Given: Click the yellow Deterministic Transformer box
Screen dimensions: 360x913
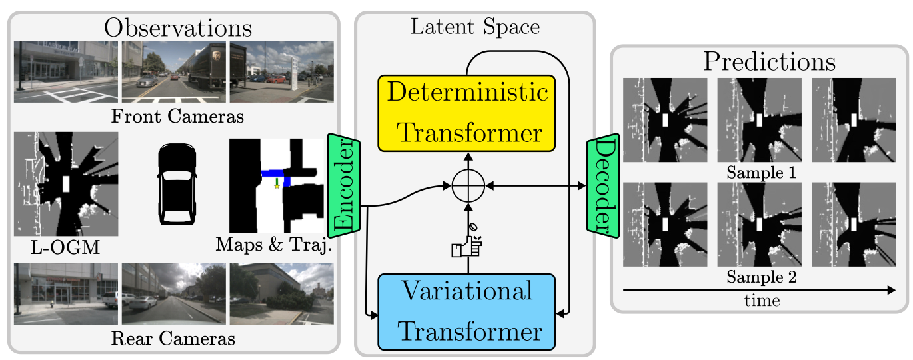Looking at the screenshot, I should pos(466,113).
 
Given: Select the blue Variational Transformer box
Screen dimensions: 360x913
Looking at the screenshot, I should pos(466,311).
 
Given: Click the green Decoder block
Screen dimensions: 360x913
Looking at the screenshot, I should pos(602,186).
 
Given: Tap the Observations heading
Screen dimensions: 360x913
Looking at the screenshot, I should pos(178,27).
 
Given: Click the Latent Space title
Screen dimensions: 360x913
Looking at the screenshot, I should pos(475,27).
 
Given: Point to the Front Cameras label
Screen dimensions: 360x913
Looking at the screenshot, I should pos(177,117).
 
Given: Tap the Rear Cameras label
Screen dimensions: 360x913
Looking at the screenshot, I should pos(173,339).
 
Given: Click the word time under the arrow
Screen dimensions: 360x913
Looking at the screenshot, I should pos(762,301).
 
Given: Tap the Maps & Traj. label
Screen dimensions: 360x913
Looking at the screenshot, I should pos(274,245).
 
